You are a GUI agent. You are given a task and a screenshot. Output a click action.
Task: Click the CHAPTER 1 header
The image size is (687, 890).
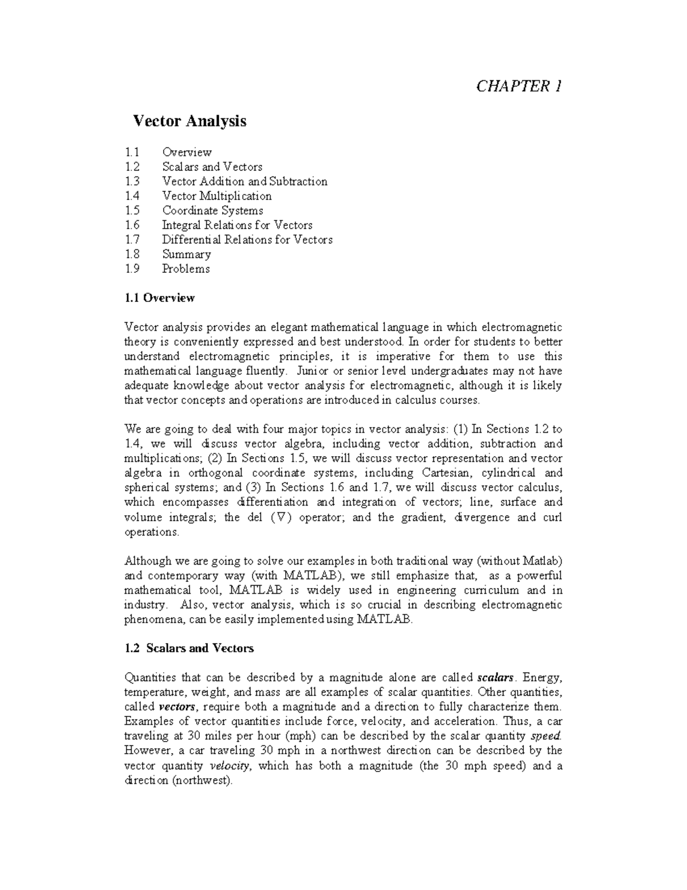coord(519,86)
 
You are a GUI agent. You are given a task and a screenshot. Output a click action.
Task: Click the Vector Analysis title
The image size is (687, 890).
coord(189,121)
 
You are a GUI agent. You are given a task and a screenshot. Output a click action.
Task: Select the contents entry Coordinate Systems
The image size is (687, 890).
coord(212,210)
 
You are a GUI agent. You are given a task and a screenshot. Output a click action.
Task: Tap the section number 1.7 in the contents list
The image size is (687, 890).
coord(132,240)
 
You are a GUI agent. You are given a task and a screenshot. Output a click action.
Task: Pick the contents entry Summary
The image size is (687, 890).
coord(186,254)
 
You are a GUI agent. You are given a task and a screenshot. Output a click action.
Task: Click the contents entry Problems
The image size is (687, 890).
coord(185,269)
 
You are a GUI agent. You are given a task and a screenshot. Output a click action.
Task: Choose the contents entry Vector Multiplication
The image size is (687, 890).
coord(216,196)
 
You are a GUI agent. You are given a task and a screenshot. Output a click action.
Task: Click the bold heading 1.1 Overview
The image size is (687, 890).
coord(159,298)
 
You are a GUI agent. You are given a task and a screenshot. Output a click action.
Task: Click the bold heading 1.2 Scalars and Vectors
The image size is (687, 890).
coord(188,648)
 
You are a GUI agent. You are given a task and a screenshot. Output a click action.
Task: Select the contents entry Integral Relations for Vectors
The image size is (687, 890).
coord(237,225)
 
